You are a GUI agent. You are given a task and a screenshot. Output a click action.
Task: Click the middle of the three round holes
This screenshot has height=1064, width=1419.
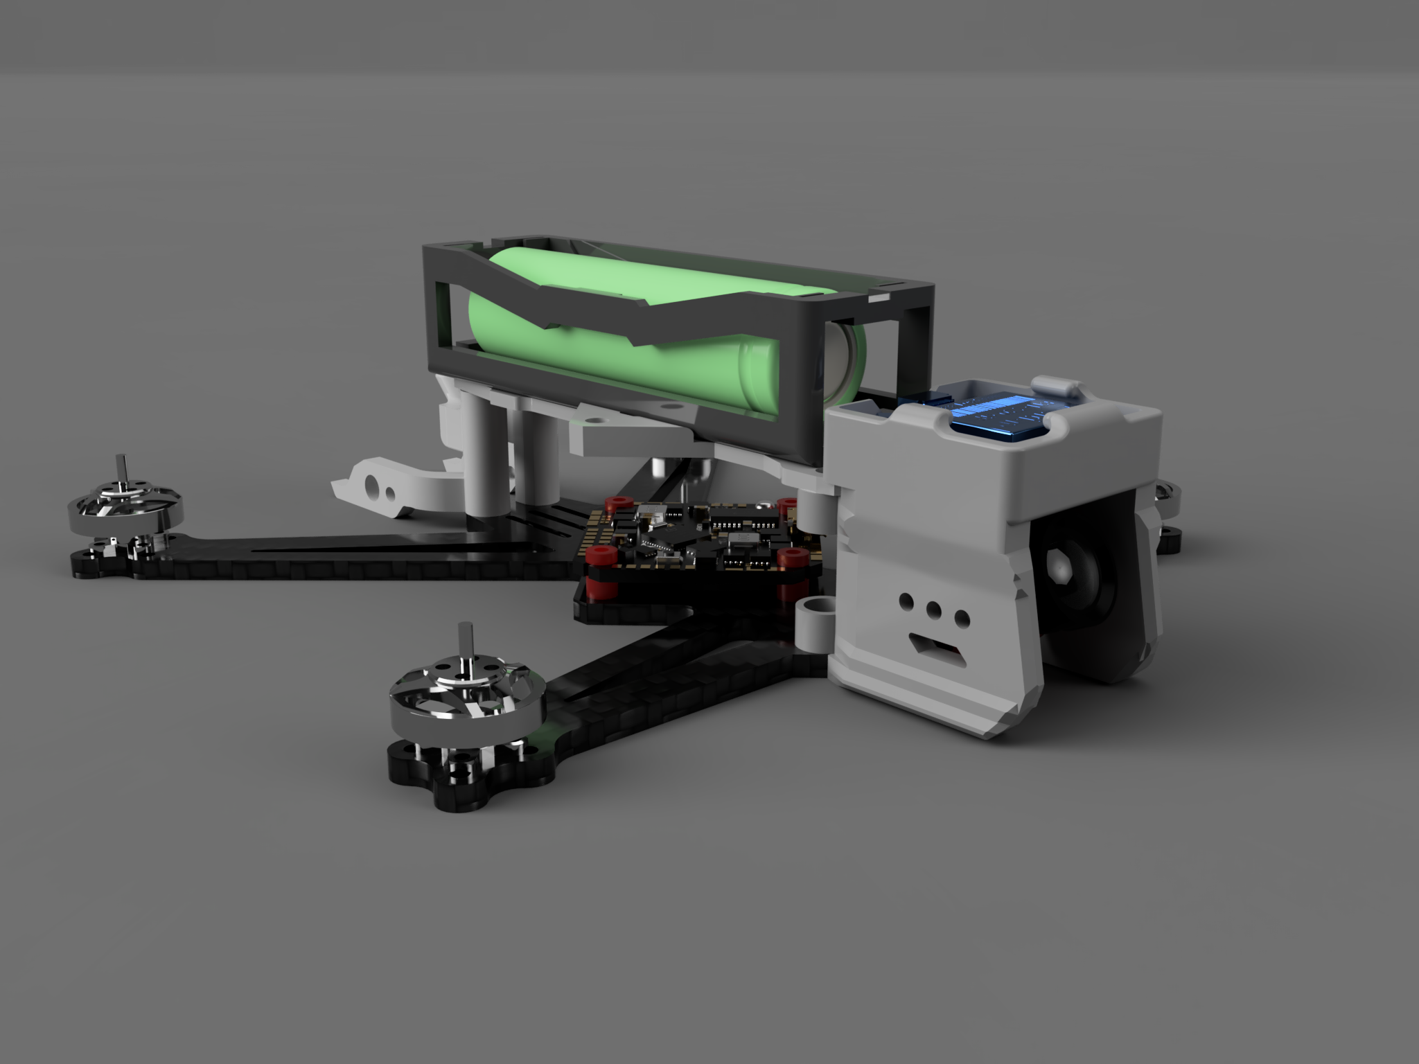pos(933,609)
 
